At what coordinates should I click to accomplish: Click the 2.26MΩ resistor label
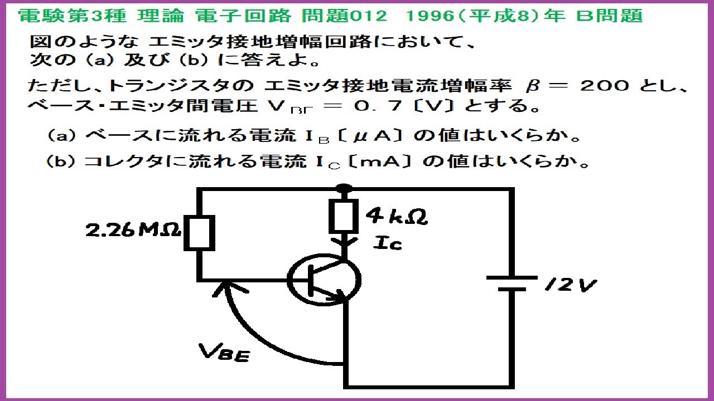(133, 230)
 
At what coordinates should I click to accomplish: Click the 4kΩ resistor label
(397, 216)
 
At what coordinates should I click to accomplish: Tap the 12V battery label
(570, 286)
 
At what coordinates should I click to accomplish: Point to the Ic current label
(389, 242)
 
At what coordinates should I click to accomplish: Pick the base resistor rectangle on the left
(199, 233)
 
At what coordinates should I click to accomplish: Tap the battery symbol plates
(512, 283)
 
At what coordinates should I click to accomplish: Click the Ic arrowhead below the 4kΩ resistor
(344, 243)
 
